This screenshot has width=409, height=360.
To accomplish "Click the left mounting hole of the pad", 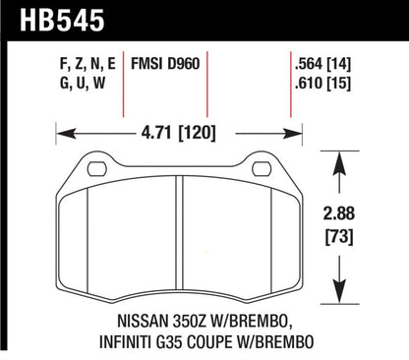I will coord(95,168).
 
